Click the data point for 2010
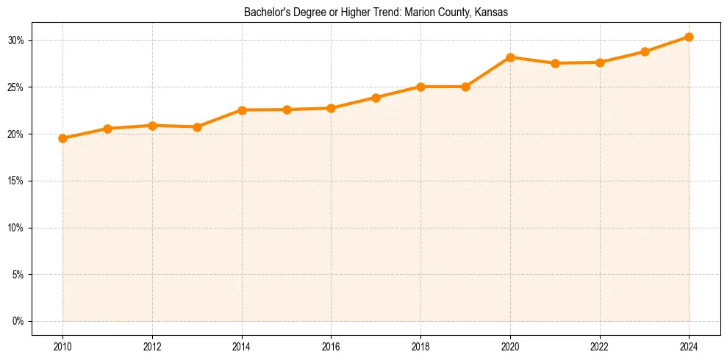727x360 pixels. [62, 138]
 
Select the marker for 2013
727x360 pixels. [197, 127]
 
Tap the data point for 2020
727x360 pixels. [510, 57]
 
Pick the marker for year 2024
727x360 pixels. [689, 37]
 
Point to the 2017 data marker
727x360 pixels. [376, 98]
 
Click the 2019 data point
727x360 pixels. [465, 87]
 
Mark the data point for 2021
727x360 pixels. [555, 63]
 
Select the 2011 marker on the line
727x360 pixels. [107, 129]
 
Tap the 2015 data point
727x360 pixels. [287, 109]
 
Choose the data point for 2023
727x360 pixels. [645, 51]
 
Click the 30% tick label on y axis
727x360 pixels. [16, 40]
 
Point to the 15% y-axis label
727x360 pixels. [16, 181]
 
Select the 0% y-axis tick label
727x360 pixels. [18, 321]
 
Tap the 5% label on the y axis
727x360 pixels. [18, 275]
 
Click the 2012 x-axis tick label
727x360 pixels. [152, 346]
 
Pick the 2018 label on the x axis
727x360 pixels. [420, 346]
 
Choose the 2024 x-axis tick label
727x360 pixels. [689, 346]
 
